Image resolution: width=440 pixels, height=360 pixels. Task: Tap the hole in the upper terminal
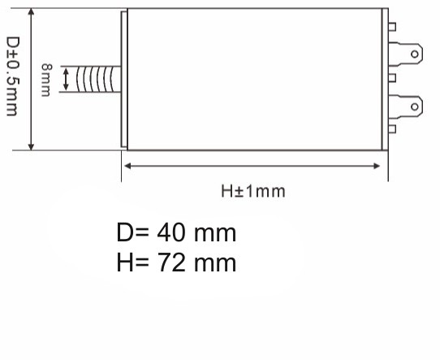pyautogui.click(x=416, y=54)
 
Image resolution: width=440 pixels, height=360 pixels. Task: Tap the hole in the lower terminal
pyautogui.click(x=416, y=106)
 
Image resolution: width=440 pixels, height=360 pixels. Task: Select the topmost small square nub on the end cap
pyautogui.click(x=392, y=27)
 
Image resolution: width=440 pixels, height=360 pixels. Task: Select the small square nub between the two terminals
pyautogui.click(x=392, y=79)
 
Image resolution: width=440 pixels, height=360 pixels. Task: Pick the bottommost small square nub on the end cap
pyautogui.click(x=392, y=128)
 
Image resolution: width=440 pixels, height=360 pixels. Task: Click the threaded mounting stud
pyautogui.click(x=97, y=80)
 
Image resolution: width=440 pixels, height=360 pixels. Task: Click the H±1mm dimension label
pyautogui.click(x=253, y=192)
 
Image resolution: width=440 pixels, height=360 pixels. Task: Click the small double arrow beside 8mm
pyautogui.click(x=66, y=80)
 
